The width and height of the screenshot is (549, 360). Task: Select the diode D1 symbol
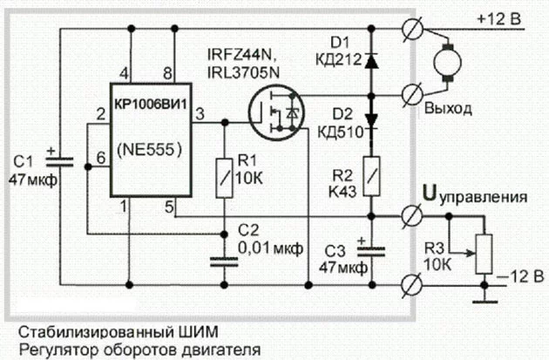click(372, 60)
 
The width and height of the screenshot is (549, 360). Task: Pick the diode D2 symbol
click(372, 119)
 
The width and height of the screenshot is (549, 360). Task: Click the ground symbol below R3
click(481, 301)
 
